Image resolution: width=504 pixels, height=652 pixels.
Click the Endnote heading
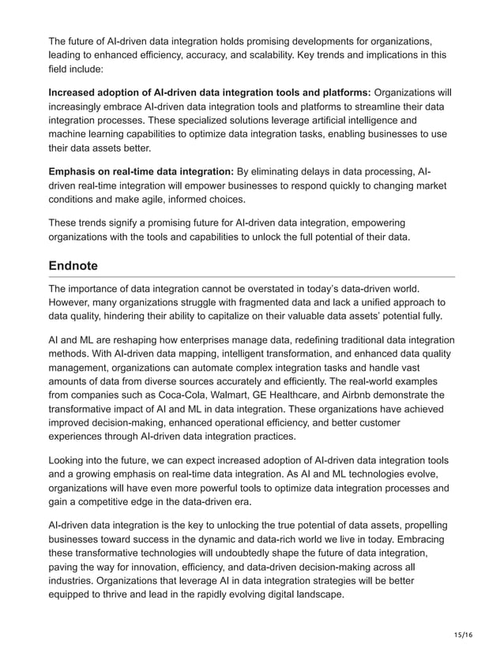click(74, 266)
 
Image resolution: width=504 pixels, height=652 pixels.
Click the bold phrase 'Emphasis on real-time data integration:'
click(141, 172)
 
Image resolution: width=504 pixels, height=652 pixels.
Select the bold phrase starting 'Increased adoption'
click(209, 92)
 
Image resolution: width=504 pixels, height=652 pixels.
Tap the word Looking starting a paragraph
click(70, 461)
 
